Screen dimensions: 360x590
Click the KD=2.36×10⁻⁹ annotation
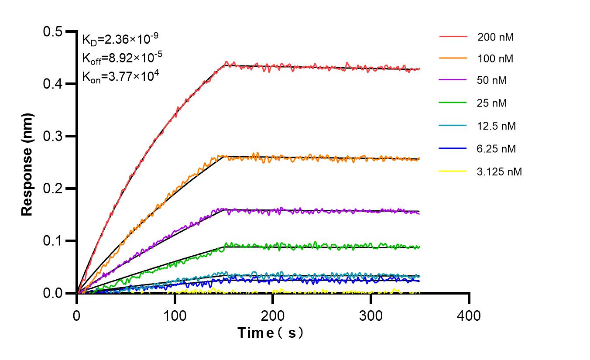117,40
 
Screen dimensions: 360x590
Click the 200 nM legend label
495,37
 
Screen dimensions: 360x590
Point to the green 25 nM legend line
453,103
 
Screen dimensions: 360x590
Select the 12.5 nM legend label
497,126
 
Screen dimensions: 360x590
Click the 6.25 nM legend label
497,149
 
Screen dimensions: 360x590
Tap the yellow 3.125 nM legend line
453,171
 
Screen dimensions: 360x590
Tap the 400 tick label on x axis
469,315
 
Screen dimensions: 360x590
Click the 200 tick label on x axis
273,315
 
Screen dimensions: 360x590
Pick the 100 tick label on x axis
175,315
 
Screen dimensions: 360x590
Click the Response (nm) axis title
27,164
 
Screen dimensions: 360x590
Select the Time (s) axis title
271,333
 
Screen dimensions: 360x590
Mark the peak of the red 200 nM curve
226,62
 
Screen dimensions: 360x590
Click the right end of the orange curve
419,159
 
